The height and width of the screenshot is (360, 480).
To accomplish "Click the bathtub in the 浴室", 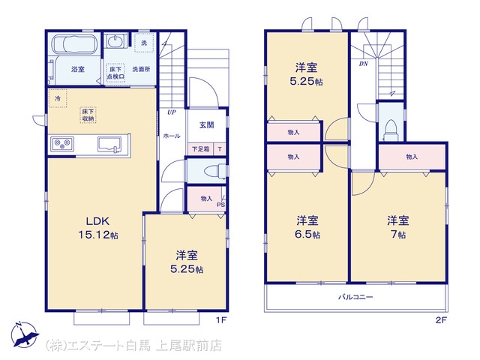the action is pyautogui.click(x=75, y=44).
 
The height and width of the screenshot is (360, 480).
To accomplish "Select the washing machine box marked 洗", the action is pyautogui.click(x=144, y=43).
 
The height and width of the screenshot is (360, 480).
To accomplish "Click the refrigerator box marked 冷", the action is pyautogui.click(x=58, y=98).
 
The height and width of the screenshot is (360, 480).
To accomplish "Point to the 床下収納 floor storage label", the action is pyautogui.click(x=88, y=115).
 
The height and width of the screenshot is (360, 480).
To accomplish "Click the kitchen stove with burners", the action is pyautogui.click(x=62, y=143).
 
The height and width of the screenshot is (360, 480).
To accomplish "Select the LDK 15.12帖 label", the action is pyautogui.click(x=98, y=228).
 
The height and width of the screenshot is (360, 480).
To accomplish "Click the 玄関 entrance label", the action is pyautogui.click(x=207, y=125).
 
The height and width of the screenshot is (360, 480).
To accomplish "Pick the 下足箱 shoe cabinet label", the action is pyautogui.click(x=201, y=149).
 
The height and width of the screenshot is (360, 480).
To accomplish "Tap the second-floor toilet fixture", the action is pyautogui.click(x=391, y=130).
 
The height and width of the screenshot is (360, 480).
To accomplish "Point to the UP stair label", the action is pyautogui.click(x=172, y=112).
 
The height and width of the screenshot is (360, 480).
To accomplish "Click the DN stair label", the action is pyautogui.click(x=363, y=64).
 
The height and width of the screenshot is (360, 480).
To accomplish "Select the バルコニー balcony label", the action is pyautogui.click(x=355, y=297).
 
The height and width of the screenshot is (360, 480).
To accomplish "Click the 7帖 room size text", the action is pyautogui.click(x=398, y=235).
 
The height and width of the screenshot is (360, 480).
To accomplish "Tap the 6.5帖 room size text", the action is pyautogui.click(x=307, y=235).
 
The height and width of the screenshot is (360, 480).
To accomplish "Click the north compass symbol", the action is pyautogui.click(x=24, y=334).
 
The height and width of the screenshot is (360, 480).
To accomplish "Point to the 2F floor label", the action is pyautogui.click(x=441, y=320).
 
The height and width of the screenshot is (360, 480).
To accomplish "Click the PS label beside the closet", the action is pyautogui.click(x=220, y=205).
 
